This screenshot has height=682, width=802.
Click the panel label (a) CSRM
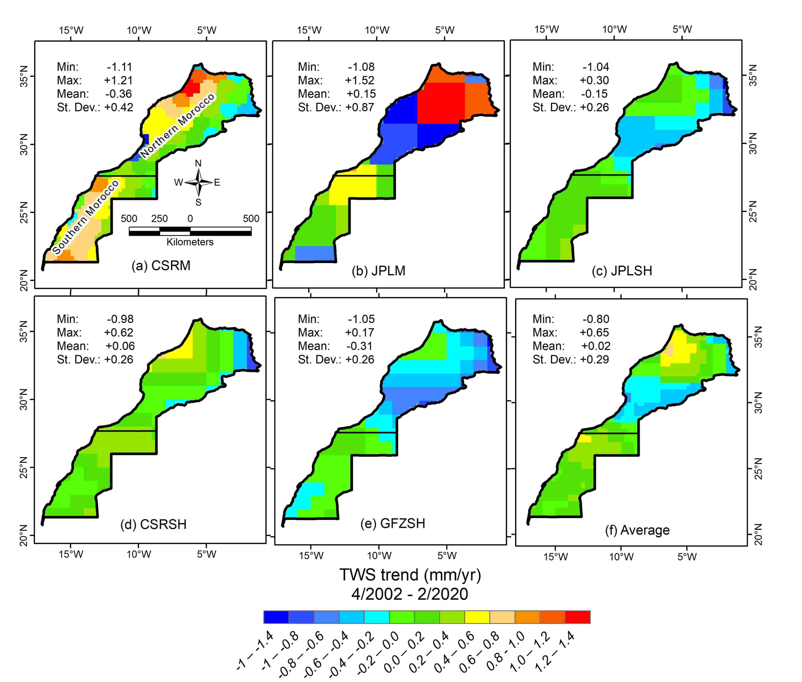[x=161, y=266]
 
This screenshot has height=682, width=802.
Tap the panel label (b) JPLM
[x=378, y=271]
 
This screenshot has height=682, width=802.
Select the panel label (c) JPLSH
[x=622, y=271]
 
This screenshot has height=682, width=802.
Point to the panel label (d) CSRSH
[x=154, y=524]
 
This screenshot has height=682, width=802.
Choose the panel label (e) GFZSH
[x=393, y=523]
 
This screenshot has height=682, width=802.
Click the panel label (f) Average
[x=637, y=530]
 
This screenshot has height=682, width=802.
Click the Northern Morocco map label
[x=177, y=126]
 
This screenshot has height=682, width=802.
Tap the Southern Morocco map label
[x=86, y=217]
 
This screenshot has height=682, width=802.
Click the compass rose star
[x=198, y=182]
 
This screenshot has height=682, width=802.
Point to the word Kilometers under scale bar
[x=190, y=242]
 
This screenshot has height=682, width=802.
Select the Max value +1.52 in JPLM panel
[x=359, y=80]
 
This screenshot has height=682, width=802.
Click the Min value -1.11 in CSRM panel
[x=119, y=67]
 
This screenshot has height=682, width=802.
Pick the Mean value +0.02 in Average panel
[x=595, y=346]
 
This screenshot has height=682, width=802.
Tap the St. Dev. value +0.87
[x=359, y=107]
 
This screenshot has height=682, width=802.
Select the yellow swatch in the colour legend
[x=477, y=617]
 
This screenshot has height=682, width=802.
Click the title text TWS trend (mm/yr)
[x=410, y=575]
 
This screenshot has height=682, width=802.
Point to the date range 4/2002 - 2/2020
[x=409, y=594]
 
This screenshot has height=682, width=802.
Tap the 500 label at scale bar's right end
[x=251, y=219]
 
